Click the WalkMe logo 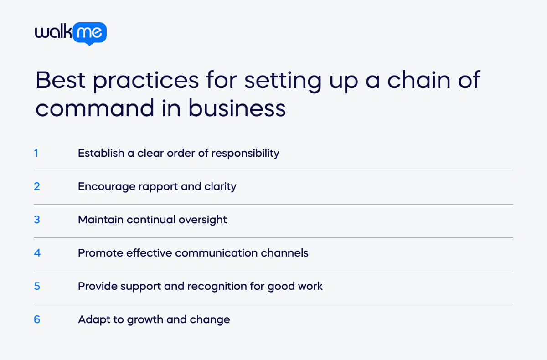click(71, 33)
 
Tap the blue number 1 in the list click(36, 153)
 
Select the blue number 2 click(37, 186)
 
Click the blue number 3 click(37, 220)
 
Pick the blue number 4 click(37, 253)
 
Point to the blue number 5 click(37, 286)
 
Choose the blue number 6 click(37, 319)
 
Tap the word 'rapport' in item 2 click(158, 187)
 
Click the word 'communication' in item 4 click(219, 253)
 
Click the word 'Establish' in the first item click(101, 153)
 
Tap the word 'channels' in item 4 click(287, 253)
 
